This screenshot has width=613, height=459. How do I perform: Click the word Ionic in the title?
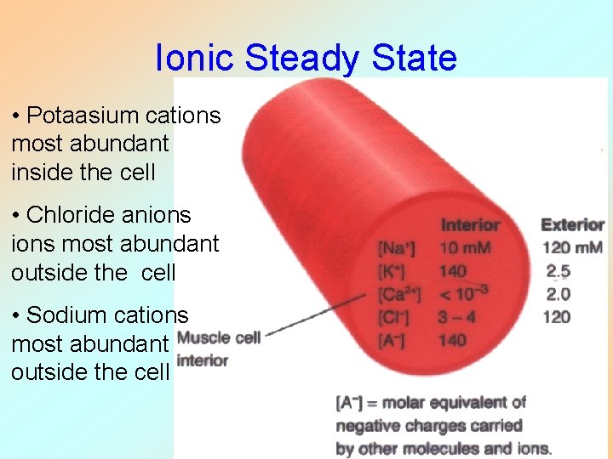click(x=195, y=58)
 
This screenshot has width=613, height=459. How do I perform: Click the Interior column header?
click(x=470, y=225)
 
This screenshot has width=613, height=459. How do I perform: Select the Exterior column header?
click(x=572, y=225)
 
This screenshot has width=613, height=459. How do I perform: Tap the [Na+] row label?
click(x=398, y=249)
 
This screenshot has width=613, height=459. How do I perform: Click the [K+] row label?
click(x=393, y=272)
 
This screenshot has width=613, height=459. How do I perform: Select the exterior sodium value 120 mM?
click(x=572, y=248)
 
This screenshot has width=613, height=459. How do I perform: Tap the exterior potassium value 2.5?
click(x=559, y=272)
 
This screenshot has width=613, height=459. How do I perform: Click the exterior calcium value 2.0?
click(x=559, y=294)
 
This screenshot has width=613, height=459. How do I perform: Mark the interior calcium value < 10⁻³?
click(x=464, y=294)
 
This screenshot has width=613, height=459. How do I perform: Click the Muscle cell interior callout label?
click(x=219, y=348)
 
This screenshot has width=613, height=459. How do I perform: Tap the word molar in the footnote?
click(x=415, y=403)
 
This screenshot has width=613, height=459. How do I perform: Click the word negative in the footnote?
click(x=370, y=425)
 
